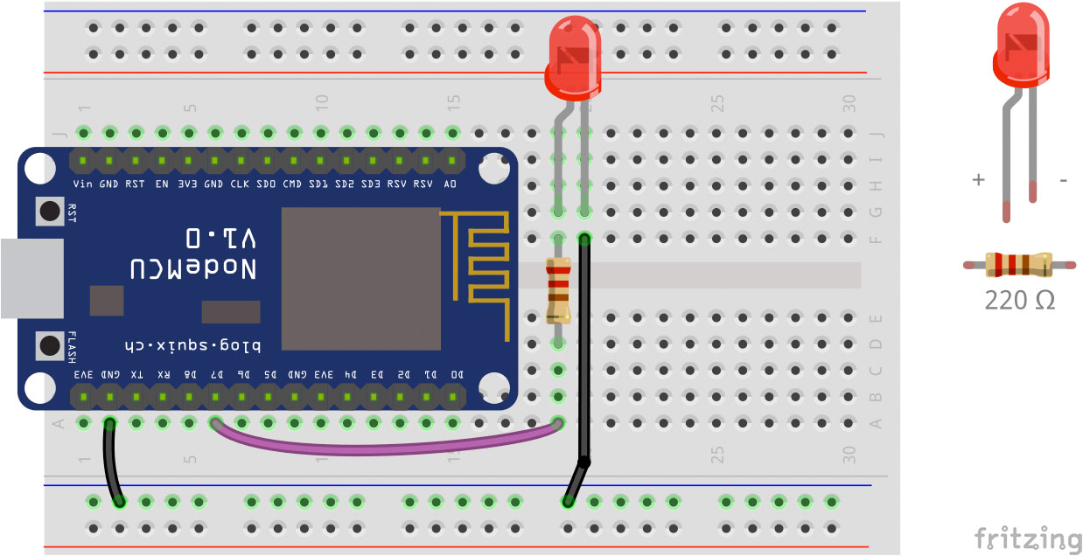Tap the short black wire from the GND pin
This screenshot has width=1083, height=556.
(x=113, y=463)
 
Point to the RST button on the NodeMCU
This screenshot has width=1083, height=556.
(x=48, y=211)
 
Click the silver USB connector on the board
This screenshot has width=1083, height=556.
(x=31, y=278)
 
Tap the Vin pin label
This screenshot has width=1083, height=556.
(x=83, y=184)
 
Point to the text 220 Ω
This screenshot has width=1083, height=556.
(x=1019, y=301)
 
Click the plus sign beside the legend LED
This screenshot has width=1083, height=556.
(x=978, y=180)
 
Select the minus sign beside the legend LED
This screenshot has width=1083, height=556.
(x=1063, y=180)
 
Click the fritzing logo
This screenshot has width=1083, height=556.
(x=1028, y=538)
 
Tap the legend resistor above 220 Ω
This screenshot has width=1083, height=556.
(x=1019, y=264)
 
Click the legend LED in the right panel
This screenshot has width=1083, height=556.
(x=1021, y=52)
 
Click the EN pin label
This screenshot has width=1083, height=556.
(x=162, y=184)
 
